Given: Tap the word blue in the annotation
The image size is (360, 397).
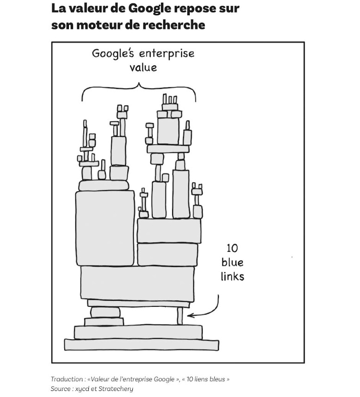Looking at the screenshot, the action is pyautogui.click(x=232, y=263).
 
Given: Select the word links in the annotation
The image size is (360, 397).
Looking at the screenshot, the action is pyautogui.click(x=232, y=277).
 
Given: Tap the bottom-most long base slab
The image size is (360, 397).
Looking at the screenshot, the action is pyautogui.click(x=142, y=345).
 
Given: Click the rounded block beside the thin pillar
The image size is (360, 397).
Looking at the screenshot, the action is pyautogui.click(x=106, y=312).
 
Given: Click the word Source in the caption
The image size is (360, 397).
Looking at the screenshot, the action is pyautogui.click(x=60, y=389).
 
